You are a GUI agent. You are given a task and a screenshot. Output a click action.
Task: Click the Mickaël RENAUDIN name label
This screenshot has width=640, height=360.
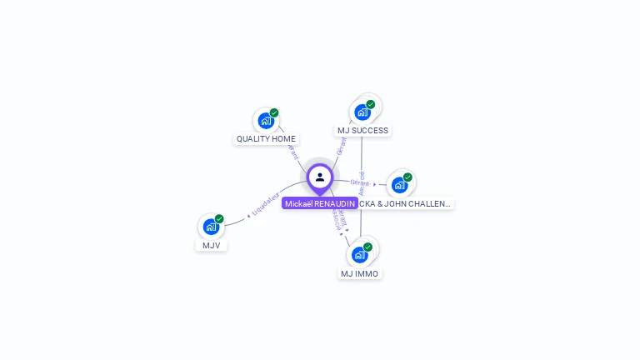pyautogui.click(x=319, y=203)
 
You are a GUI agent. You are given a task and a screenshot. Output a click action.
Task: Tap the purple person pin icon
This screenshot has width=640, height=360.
pyautogui.click(x=320, y=177)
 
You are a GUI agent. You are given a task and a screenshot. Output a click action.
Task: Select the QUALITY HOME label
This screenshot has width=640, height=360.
pyautogui.click(x=266, y=139)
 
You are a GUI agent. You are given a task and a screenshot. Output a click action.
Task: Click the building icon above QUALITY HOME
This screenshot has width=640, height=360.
pyautogui.click(x=266, y=121)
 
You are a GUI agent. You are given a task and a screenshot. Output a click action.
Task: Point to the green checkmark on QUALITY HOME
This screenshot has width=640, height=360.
pyautogui.click(x=274, y=113)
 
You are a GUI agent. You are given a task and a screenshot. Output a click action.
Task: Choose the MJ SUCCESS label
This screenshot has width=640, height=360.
pyautogui.click(x=362, y=131)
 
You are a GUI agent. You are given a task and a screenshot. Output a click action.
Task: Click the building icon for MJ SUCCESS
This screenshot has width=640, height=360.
pyautogui.click(x=362, y=112)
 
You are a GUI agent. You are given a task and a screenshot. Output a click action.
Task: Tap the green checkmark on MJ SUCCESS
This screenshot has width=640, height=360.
pyautogui.click(x=371, y=105)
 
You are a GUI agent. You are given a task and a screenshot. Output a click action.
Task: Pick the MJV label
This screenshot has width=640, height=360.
pyautogui.click(x=211, y=245)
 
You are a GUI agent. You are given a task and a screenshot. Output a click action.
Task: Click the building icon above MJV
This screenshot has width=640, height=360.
pyautogui.click(x=211, y=227)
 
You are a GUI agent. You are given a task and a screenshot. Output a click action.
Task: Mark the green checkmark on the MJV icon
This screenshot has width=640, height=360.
pyautogui.click(x=219, y=219)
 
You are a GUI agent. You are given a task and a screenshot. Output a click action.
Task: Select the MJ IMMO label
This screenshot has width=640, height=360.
pyautogui.click(x=359, y=273)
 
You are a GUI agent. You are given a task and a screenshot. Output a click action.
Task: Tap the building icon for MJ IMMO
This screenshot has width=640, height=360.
pyautogui.click(x=359, y=254)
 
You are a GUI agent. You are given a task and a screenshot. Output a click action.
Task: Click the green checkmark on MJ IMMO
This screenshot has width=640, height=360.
pyautogui.click(x=367, y=247)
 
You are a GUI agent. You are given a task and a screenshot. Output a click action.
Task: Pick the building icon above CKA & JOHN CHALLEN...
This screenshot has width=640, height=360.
pyautogui.click(x=399, y=184)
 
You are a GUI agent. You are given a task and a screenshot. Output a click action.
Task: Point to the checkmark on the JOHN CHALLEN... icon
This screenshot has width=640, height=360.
pyautogui.click(x=407, y=177)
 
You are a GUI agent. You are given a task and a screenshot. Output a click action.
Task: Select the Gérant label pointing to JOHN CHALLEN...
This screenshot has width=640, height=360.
pyautogui.click(x=360, y=182)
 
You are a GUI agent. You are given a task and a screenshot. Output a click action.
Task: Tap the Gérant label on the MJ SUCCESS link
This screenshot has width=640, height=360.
pyautogui.click(x=341, y=147)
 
